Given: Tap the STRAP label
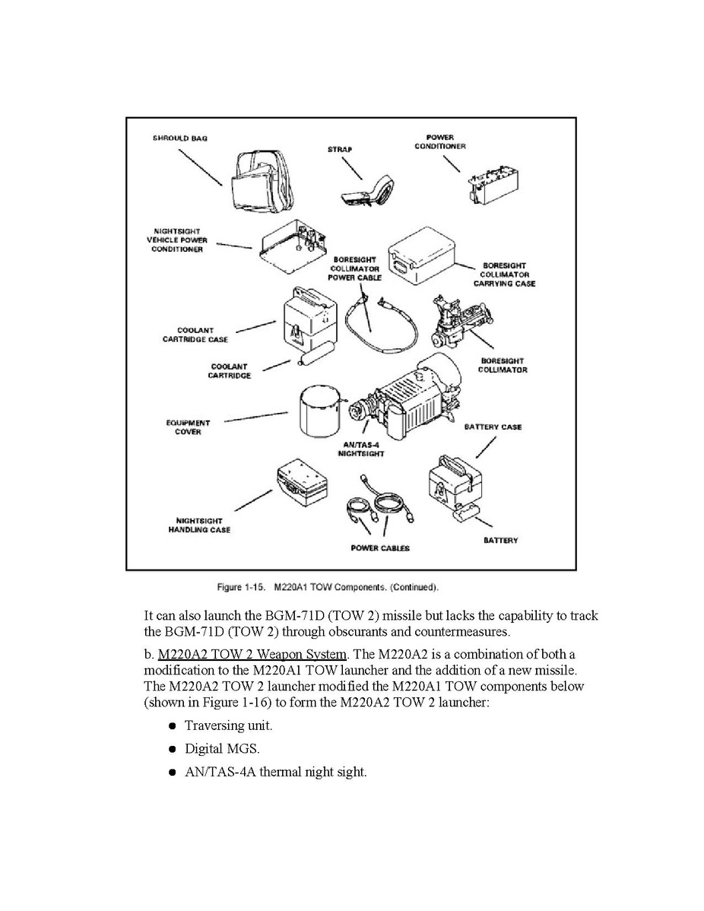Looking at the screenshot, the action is pos(340,149).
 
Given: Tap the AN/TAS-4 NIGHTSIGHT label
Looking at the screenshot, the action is pos(360,449).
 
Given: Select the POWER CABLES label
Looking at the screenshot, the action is pos(380,548).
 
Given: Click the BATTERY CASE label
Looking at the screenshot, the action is pos(493,427).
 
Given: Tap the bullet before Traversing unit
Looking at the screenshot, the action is pos(172,726).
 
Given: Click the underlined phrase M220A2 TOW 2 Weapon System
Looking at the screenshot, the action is pos(252,655).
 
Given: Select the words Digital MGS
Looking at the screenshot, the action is pos(222,748).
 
